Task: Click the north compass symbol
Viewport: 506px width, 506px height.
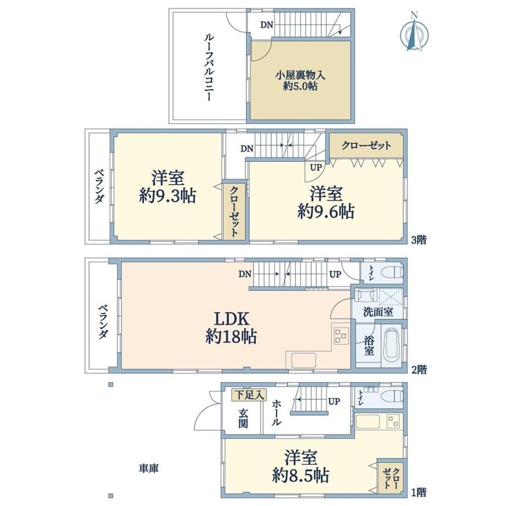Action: [x=414, y=32]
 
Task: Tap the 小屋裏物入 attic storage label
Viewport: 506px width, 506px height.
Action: [x=300, y=80]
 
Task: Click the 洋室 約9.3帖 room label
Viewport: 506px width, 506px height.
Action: [x=168, y=186]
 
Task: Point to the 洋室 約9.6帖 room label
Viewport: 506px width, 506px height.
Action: [x=326, y=202]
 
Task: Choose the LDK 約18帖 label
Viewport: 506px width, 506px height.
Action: [x=232, y=328]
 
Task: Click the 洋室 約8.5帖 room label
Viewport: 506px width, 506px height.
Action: [x=300, y=466]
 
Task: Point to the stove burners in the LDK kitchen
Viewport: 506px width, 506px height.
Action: [x=341, y=335]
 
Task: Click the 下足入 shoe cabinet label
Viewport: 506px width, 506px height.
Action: [x=249, y=395]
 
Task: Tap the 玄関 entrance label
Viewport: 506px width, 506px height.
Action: [x=243, y=419]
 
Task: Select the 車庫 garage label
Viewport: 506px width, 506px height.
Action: [x=148, y=468]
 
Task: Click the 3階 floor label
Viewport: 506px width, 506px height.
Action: [x=419, y=240]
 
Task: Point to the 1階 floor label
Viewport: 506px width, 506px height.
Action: [x=419, y=492]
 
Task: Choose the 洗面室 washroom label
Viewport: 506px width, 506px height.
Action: [x=378, y=312]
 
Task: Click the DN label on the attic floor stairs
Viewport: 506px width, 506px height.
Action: [x=267, y=25]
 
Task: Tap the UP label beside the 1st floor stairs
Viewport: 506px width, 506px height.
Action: [x=334, y=401]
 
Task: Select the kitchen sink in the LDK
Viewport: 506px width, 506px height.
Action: [x=304, y=360]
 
